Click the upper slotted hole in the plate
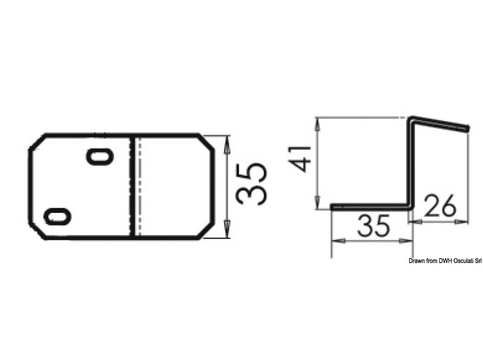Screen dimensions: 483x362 point(100,157)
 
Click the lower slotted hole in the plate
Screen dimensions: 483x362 point(57,217)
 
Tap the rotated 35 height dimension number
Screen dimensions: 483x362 point(251,185)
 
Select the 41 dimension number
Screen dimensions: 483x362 point(301,158)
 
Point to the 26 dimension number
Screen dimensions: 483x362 point(440,206)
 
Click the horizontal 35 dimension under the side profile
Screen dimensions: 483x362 point(373,226)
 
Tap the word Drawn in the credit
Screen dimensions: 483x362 point(416,261)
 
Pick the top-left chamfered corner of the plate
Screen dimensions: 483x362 point(37,142)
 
